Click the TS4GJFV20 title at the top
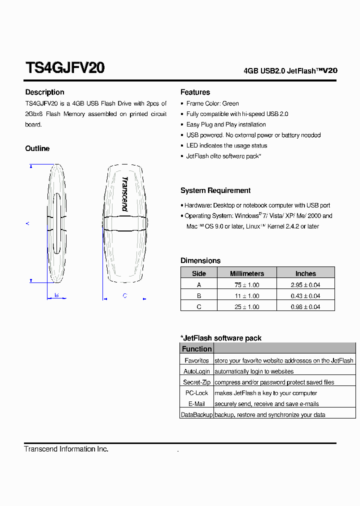click(x=64, y=68)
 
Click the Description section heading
click(x=44, y=92)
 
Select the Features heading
click(x=195, y=92)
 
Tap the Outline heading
click(x=37, y=148)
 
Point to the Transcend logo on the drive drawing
click(x=124, y=194)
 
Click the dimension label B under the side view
click(x=56, y=295)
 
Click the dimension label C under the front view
click(x=124, y=295)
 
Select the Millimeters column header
click(x=246, y=273)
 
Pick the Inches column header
click(x=305, y=273)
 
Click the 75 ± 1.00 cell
click(x=246, y=285)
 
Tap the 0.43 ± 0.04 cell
click(x=305, y=296)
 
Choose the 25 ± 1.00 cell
click(x=246, y=307)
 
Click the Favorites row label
click(x=196, y=360)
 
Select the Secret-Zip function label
click(x=196, y=382)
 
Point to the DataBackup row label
click(x=196, y=415)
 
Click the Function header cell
click(x=196, y=349)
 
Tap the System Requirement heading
click(x=215, y=190)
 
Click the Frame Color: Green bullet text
click(x=212, y=103)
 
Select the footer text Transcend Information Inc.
click(x=66, y=449)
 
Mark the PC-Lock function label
click(x=196, y=393)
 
